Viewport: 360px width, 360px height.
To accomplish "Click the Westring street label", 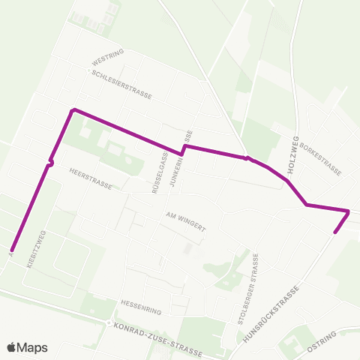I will (106, 58).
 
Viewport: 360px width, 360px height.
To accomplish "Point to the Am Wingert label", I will (184, 215).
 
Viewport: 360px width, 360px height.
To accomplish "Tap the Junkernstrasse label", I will (188, 154).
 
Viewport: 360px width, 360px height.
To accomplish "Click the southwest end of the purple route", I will (12, 250).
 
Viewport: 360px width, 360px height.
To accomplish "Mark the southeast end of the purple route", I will (334, 232).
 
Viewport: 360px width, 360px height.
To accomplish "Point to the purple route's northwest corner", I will (73, 110).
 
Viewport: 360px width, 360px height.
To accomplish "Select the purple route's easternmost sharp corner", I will (349, 211).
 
